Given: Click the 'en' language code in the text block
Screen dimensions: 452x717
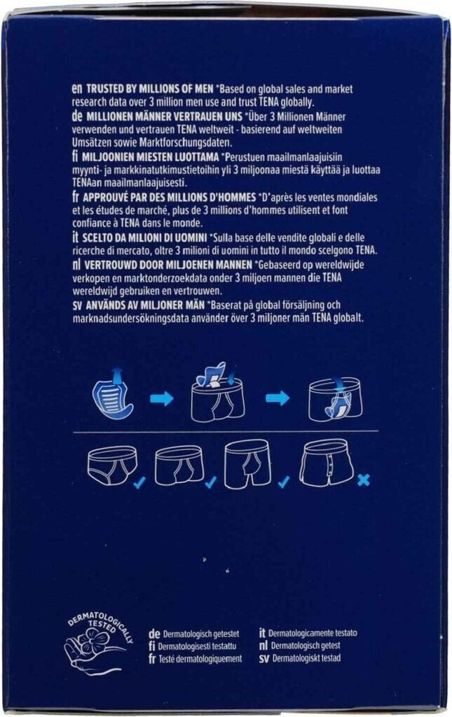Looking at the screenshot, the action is [x=76, y=89].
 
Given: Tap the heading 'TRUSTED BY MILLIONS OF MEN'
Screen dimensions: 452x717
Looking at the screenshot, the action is [x=149, y=89].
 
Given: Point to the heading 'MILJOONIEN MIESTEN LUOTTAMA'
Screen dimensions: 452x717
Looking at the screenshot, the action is [x=151, y=157].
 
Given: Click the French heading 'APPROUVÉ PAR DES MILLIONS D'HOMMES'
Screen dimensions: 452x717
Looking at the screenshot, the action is [x=170, y=197].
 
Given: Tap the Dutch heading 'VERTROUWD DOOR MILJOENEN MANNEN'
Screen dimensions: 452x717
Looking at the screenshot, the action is [x=168, y=264].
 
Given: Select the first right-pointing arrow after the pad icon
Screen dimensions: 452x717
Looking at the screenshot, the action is [x=162, y=398].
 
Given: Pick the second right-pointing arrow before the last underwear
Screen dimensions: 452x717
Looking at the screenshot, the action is [x=278, y=398].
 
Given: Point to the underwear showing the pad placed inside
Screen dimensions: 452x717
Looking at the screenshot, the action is [x=336, y=398].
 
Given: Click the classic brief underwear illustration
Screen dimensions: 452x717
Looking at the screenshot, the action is [x=111, y=466].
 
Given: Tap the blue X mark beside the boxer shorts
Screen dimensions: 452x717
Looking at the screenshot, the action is [x=364, y=480].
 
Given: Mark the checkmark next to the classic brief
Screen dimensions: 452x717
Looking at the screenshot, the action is [x=139, y=482].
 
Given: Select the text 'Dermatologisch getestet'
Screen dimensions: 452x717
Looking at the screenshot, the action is [x=201, y=634].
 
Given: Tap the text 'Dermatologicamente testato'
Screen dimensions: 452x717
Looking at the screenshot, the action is [x=313, y=633].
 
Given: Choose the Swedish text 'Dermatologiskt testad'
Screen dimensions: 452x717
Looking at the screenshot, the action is [x=306, y=658].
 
